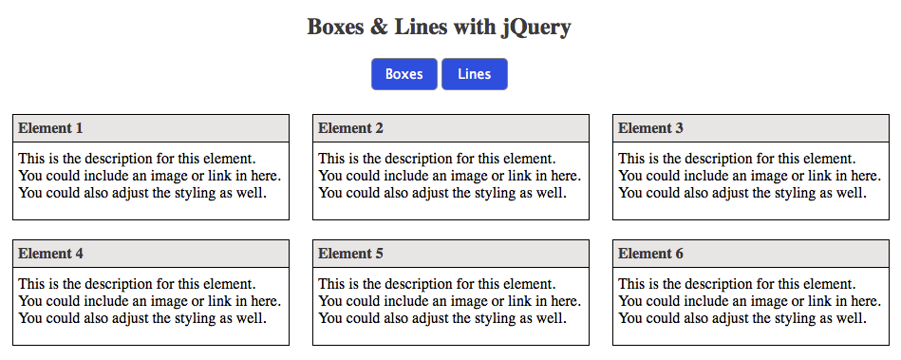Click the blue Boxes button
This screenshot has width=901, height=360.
point(404,74)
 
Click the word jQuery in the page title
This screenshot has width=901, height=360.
point(536,27)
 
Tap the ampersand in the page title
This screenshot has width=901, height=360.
point(379,27)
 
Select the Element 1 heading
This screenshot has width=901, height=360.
point(50,128)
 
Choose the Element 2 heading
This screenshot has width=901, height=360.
point(350,128)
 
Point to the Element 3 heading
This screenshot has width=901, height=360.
point(650,128)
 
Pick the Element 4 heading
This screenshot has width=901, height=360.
point(50,254)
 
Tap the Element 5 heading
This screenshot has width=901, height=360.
point(350,254)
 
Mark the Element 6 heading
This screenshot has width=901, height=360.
point(650,254)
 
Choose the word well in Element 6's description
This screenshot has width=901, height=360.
point(851,318)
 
